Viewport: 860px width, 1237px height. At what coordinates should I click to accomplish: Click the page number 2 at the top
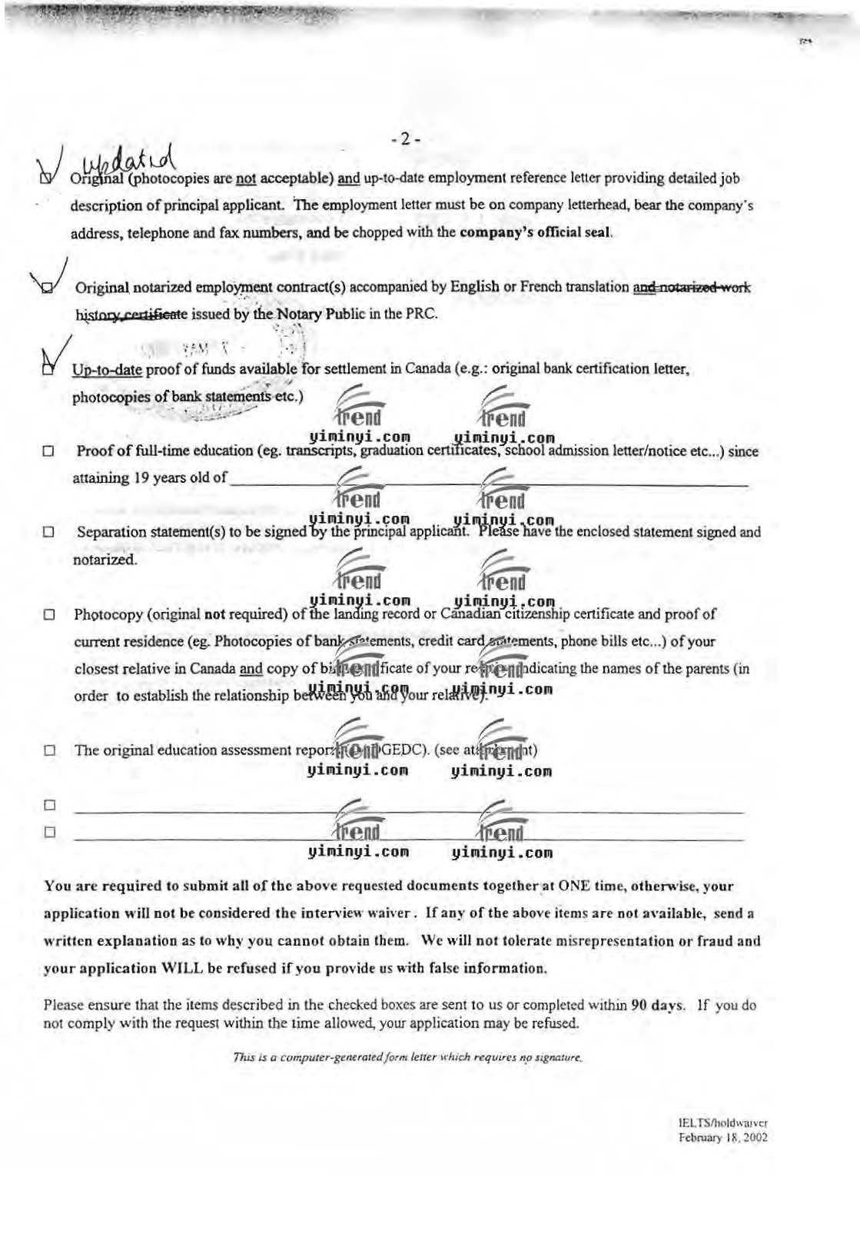[406, 140]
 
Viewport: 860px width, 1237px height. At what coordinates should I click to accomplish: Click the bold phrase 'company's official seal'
[535, 232]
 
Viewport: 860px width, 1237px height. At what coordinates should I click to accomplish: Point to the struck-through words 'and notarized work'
[692, 288]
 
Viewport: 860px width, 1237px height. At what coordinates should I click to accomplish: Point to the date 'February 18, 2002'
[722, 1138]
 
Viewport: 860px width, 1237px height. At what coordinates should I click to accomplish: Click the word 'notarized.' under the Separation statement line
[105, 559]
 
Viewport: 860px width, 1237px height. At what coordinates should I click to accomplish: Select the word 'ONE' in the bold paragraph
[573, 886]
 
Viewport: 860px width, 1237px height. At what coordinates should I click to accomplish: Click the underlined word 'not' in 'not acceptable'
[245, 179]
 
